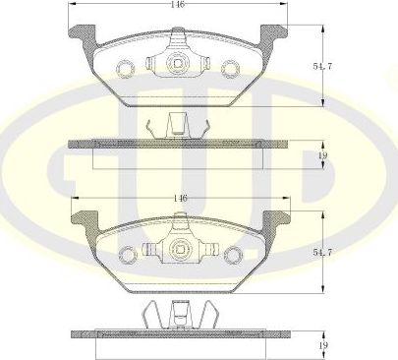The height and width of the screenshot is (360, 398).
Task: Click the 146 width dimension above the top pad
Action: tap(179, 5)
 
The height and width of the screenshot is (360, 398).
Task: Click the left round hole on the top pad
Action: tap(126, 68)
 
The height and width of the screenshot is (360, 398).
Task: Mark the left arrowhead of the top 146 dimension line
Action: tap(74, 5)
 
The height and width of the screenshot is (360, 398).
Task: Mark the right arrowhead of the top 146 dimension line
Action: tap(283, 5)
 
